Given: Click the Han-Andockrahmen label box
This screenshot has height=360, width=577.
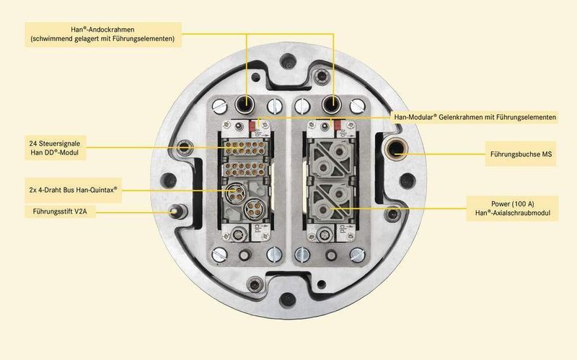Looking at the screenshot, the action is pyautogui.click(x=103, y=34).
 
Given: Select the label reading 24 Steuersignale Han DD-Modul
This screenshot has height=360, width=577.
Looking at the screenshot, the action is pyautogui.click(x=56, y=148).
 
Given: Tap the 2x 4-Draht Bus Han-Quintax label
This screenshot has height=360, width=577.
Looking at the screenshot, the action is pyautogui.click(x=74, y=190).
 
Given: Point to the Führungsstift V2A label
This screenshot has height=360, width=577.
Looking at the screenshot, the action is pyautogui.click(x=60, y=211).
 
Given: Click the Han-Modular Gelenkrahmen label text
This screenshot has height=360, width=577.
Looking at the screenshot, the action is pyautogui.click(x=475, y=118).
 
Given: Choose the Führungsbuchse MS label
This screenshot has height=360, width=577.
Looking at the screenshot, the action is pyautogui.click(x=521, y=154).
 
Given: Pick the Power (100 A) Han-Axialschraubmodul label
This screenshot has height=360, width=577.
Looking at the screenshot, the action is pyautogui.click(x=512, y=208).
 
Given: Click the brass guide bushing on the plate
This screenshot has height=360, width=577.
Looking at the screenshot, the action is pyautogui.click(x=396, y=149).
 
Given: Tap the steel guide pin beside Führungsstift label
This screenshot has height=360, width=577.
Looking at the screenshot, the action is pyautogui.click(x=175, y=211).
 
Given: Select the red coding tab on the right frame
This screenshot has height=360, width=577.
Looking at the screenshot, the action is pyautogui.click(x=338, y=125).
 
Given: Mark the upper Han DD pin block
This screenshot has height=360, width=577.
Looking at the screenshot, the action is pyautogui.click(x=245, y=147).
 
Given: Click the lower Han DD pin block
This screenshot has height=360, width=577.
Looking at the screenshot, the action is pyautogui.click(x=245, y=169).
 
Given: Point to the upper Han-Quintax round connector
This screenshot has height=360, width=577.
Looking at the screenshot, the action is pyautogui.click(x=236, y=193).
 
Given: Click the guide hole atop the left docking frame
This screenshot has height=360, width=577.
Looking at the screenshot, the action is pyautogui.click(x=245, y=105).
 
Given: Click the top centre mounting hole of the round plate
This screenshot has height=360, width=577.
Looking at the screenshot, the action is pyautogui.click(x=288, y=61).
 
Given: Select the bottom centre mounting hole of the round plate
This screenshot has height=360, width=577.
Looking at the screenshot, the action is pyautogui.click(x=288, y=299).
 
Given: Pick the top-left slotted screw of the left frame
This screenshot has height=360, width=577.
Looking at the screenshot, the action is pyautogui.click(x=220, y=107).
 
